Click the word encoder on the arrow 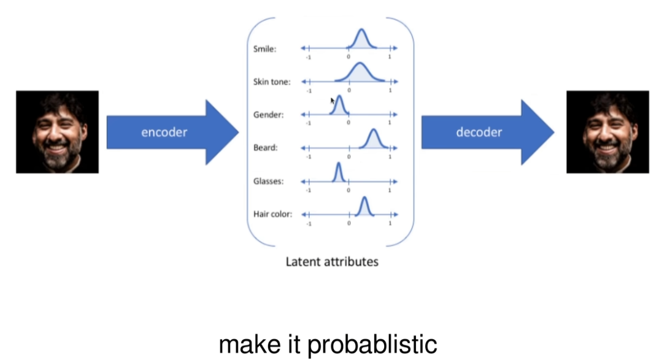click(x=164, y=132)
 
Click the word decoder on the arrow click(x=479, y=132)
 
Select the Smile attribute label click(x=264, y=49)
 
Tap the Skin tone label click(x=272, y=82)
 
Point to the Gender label click(x=268, y=115)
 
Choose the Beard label click(x=266, y=148)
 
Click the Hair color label click(x=272, y=215)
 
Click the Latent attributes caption click(x=332, y=262)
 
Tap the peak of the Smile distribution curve click(x=361, y=30)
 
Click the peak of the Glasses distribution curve click(x=337, y=164)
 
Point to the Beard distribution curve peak click(x=373, y=131)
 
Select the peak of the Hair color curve click(x=364, y=197)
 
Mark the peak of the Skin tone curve click(x=360, y=64)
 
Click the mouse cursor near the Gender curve click(x=332, y=100)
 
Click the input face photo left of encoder click(x=57, y=132)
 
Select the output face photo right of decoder click(x=607, y=132)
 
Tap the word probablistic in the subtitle click(x=372, y=345)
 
